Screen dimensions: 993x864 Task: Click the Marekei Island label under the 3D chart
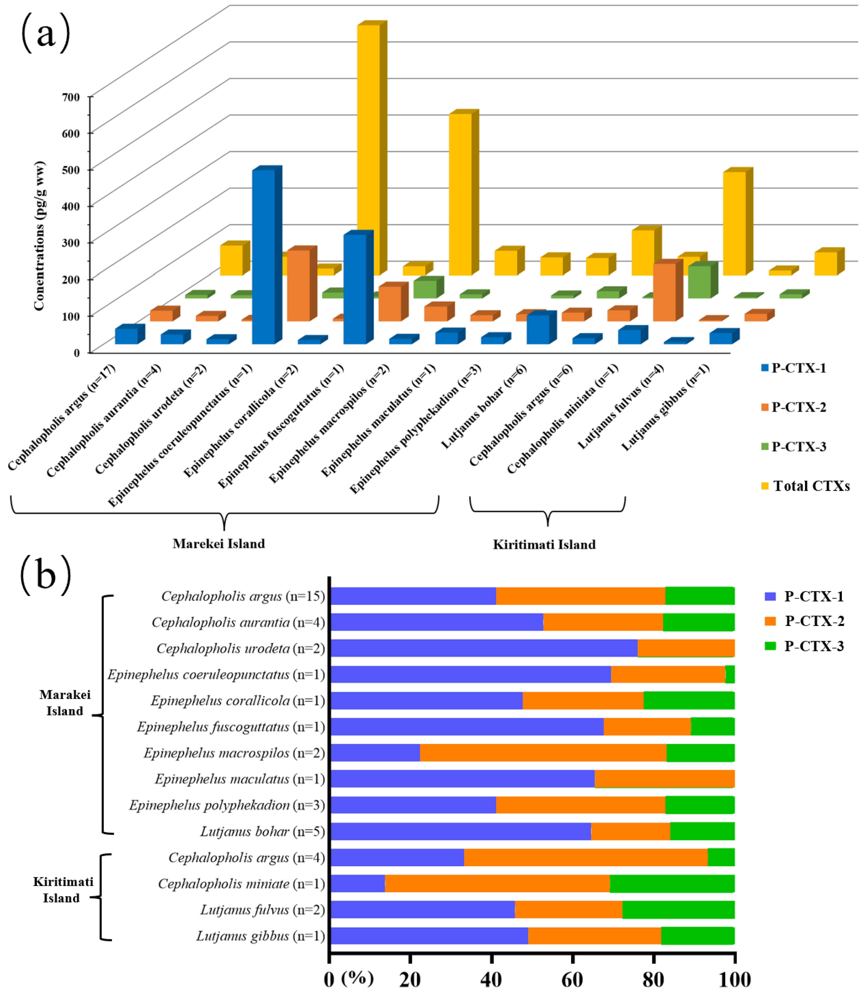(x=219, y=544)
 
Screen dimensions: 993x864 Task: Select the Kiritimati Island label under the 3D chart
(x=544, y=545)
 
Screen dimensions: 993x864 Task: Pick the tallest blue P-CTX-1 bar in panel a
(x=264, y=256)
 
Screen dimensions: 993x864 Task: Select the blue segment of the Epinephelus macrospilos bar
(x=375, y=753)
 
